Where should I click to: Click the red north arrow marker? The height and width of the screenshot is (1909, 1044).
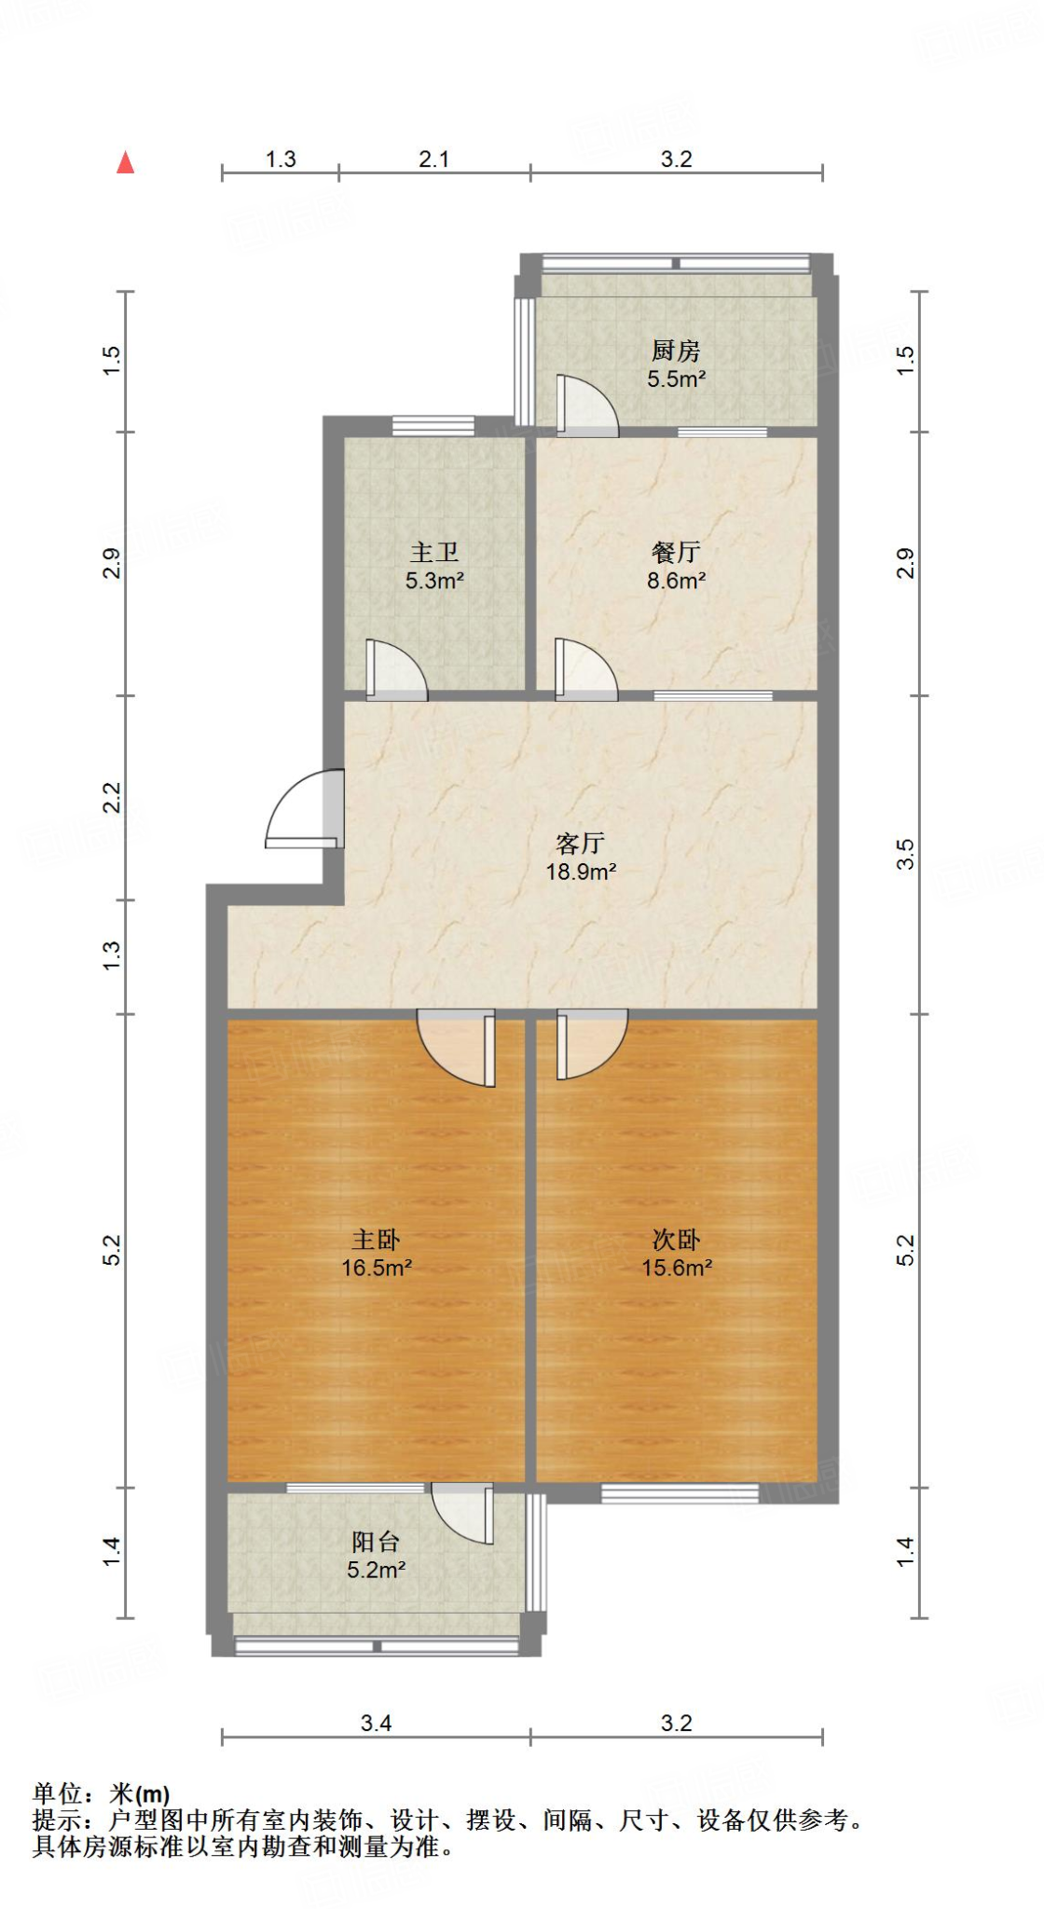point(126,163)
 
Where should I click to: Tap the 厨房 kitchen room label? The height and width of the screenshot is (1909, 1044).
point(676,350)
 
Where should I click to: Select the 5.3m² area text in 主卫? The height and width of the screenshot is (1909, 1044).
point(434,581)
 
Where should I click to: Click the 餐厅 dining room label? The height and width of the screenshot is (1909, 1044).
point(676,552)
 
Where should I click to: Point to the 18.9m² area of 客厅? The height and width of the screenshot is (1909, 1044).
point(581,872)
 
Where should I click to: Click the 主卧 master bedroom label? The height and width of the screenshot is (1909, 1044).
point(376,1239)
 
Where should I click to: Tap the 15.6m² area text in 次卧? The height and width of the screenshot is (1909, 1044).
point(677,1268)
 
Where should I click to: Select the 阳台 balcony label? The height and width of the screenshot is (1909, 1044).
point(376,1542)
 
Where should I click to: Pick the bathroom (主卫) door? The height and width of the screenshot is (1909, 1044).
point(395,670)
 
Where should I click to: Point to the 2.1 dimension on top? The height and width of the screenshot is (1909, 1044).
point(433,159)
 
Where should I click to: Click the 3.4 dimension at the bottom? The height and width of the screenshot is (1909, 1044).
point(376,1724)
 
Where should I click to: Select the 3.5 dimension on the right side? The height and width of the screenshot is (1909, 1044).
point(905,854)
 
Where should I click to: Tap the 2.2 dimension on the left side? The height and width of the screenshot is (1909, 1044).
point(112,797)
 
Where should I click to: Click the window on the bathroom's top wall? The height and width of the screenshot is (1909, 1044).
point(433,426)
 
